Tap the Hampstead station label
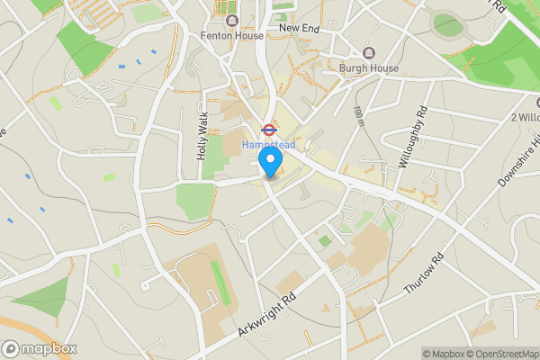[x=268, y=144]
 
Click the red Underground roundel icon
[x=268, y=128]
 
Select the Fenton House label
[x=232, y=36]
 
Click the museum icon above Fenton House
[x=232, y=21]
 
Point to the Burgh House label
[x=368, y=67]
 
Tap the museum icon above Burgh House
[x=368, y=51]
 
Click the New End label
[x=301, y=28]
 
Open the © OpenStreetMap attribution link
[x=503, y=353]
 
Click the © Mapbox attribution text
[x=444, y=353]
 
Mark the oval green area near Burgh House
[x=446, y=25]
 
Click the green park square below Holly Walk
[x=193, y=200]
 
